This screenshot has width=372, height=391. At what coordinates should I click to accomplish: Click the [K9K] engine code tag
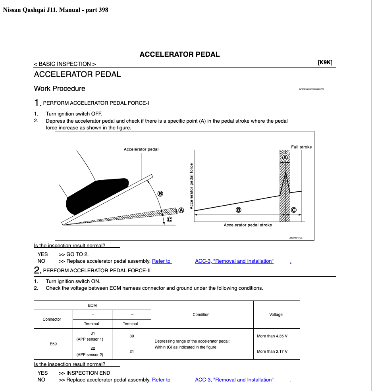(325, 62)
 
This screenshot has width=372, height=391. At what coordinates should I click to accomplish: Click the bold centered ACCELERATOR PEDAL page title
(179, 54)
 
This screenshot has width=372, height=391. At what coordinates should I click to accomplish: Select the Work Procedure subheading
(60, 89)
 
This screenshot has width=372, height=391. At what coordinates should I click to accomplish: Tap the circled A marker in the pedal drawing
(181, 210)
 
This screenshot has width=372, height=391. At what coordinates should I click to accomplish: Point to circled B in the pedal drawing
(160, 194)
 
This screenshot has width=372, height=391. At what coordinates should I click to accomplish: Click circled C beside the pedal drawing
(170, 219)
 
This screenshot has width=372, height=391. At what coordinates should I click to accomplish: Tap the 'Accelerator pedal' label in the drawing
(141, 149)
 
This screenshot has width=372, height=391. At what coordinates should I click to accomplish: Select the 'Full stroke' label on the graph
(301, 147)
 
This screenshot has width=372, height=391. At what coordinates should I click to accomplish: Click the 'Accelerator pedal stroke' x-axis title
(248, 225)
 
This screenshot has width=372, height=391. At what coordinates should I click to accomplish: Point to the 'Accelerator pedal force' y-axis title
(191, 186)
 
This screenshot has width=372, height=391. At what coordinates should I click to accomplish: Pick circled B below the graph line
(238, 210)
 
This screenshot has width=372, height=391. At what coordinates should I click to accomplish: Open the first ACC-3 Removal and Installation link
(234, 261)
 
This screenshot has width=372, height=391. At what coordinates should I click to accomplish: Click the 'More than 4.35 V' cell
(272, 336)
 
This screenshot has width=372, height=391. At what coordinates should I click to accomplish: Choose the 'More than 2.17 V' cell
(272, 351)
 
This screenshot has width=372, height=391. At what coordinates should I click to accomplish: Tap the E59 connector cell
(53, 344)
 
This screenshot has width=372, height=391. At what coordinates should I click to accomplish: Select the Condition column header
(201, 314)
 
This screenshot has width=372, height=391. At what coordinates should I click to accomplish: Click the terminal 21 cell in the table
(131, 351)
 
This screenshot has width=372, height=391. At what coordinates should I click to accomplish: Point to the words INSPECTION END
(88, 373)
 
